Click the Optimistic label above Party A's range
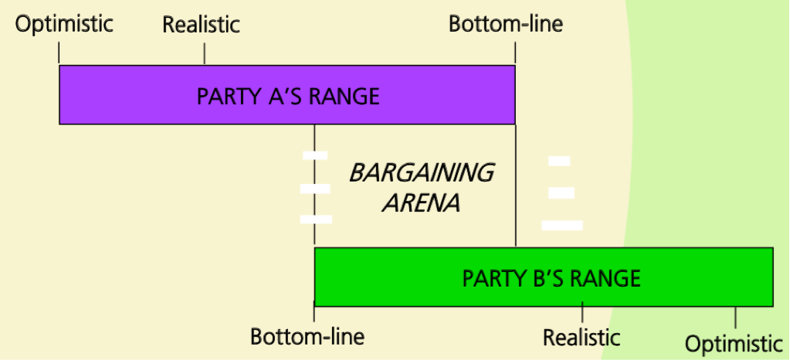click(65, 24)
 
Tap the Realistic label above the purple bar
click(201, 25)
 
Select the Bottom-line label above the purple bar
click(506, 25)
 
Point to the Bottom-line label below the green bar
click(307, 338)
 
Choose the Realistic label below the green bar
click(581, 338)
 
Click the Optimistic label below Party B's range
click(734, 345)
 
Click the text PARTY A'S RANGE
click(288, 97)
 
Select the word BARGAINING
click(421, 172)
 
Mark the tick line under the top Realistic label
click(204, 53)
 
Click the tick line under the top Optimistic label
click(59, 53)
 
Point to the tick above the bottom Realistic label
click(582, 314)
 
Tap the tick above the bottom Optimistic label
click(735, 316)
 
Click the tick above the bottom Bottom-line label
click(314, 314)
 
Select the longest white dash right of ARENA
click(562, 225)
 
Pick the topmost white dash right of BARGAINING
click(559, 161)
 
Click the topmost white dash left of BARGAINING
click(315, 155)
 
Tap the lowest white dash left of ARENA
click(316, 219)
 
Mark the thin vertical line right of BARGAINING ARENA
click(515, 185)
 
